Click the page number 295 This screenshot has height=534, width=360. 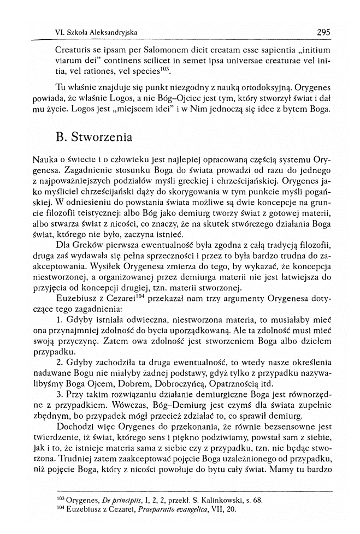coord(323,32)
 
